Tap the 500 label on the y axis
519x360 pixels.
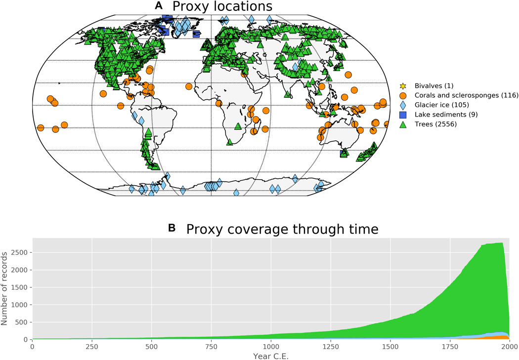pyautogui.click(x=23, y=322)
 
